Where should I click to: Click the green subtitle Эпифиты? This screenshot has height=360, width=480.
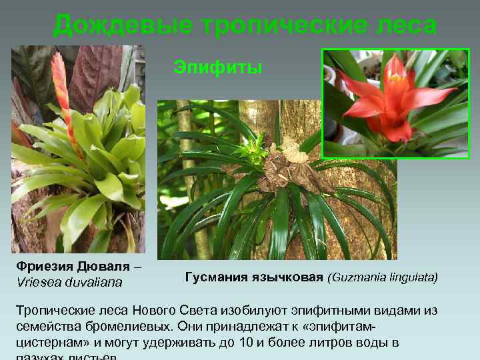[218, 67]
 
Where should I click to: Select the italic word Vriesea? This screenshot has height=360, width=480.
[39, 282]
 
